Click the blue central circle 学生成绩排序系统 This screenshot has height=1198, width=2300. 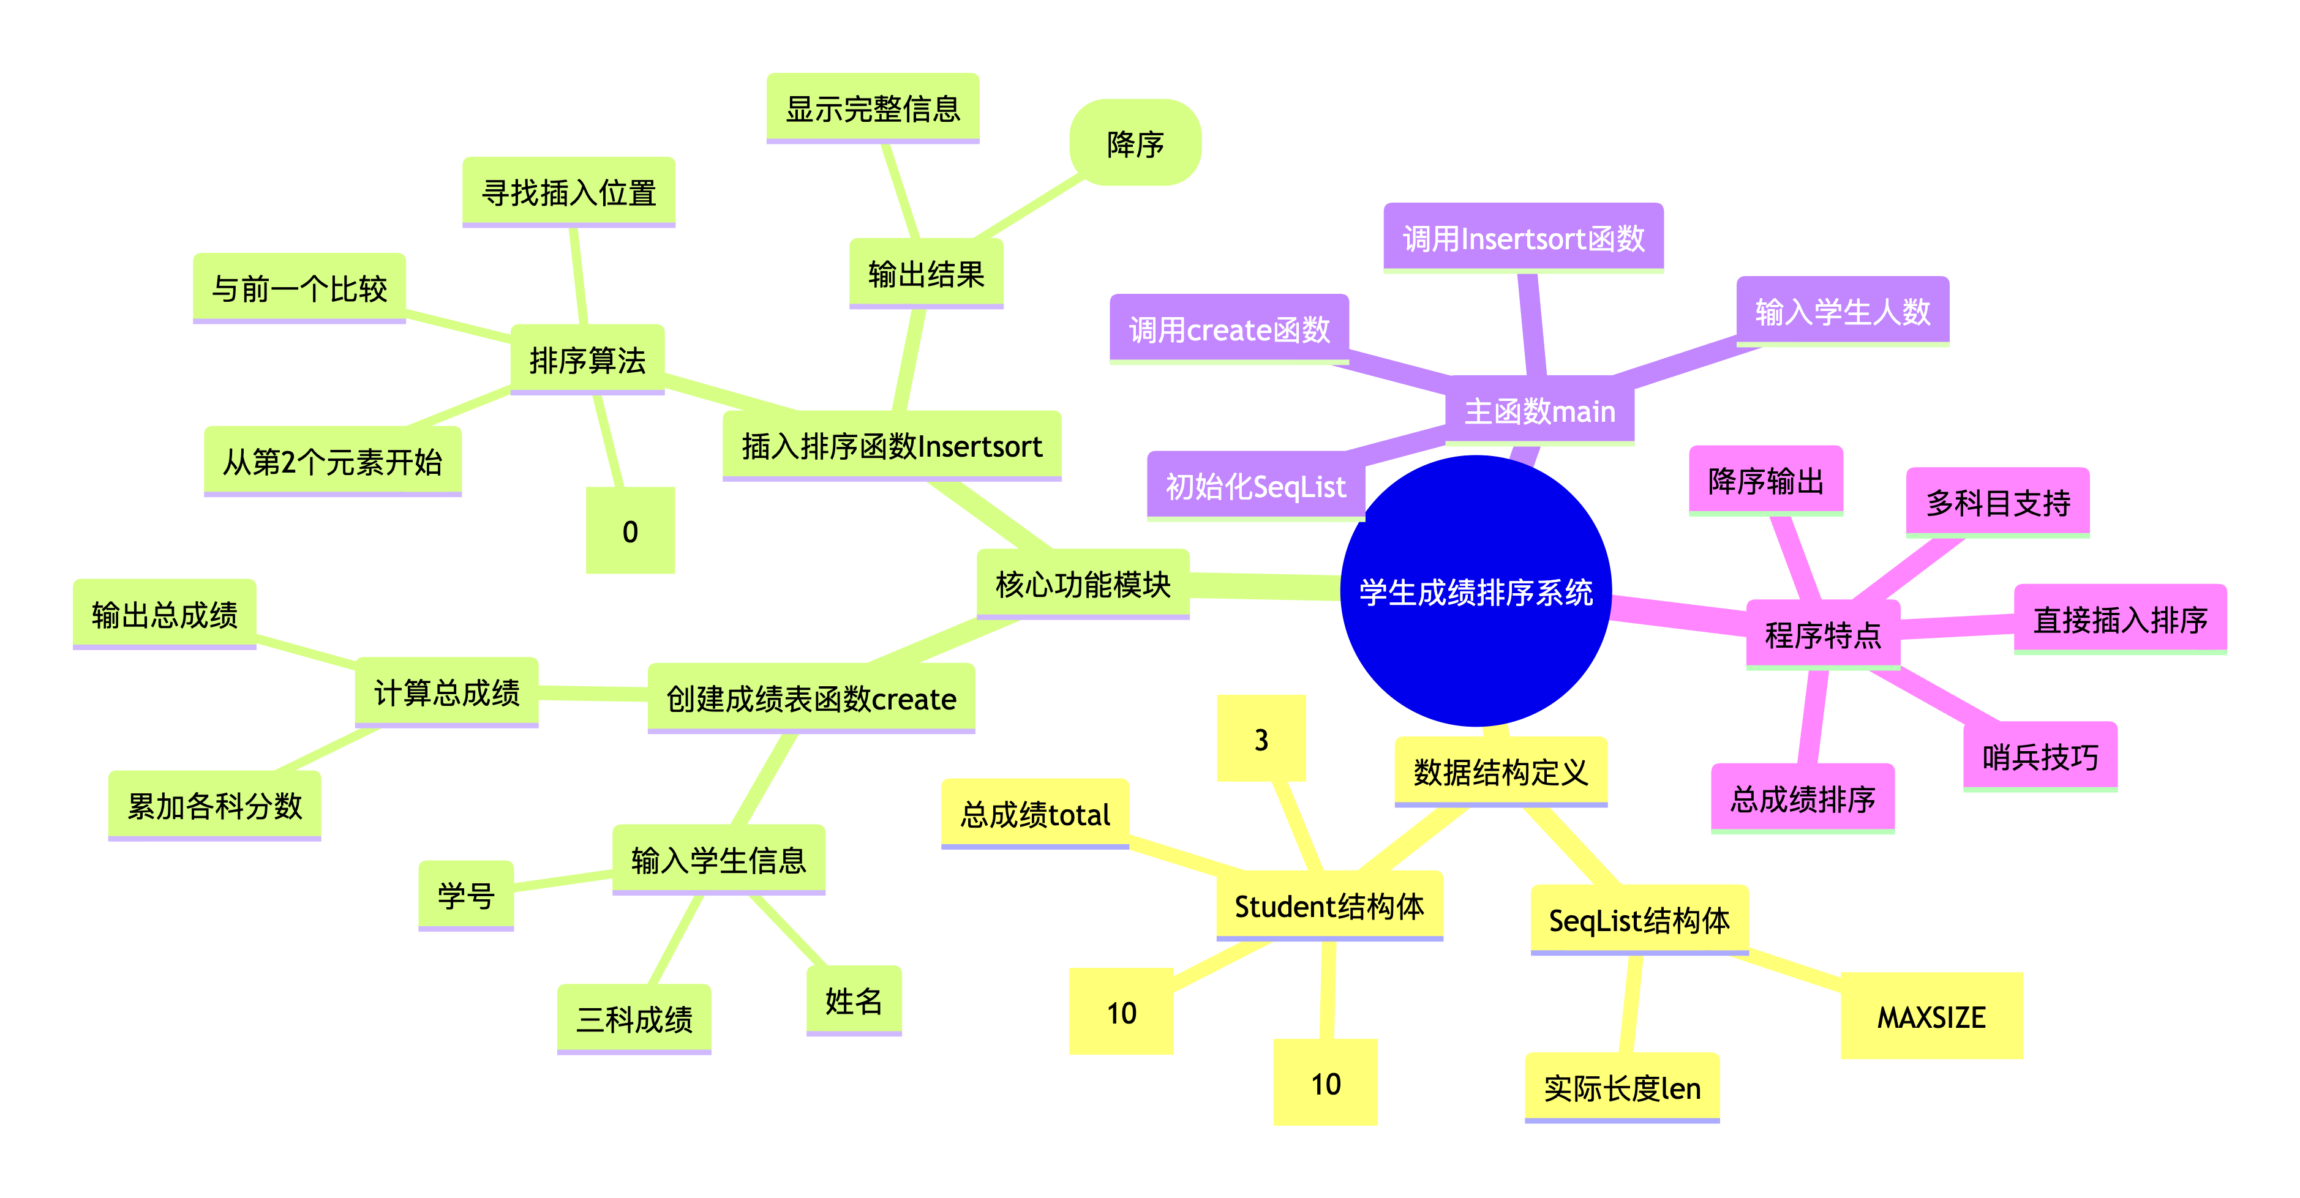pyautogui.click(x=1475, y=591)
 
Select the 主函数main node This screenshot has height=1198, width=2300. pyautogui.click(x=1539, y=411)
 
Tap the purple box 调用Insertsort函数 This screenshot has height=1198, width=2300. pyautogui.click(x=1523, y=238)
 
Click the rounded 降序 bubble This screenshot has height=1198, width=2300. pyautogui.click(x=1135, y=143)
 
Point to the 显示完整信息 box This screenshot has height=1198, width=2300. pyautogui.click(x=873, y=108)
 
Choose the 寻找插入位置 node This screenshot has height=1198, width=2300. pyautogui.click(x=569, y=192)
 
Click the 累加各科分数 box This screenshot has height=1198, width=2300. pyautogui.click(x=214, y=805)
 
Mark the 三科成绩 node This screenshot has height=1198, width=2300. pyautogui.click(x=634, y=1019)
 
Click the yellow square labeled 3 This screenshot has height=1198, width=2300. pyautogui.click(x=1261, y=739)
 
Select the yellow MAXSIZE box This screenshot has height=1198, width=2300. pyautogui.click(x=1931, y=1016)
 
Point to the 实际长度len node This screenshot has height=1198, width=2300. pyautogui.click(x=1622, y=1087)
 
